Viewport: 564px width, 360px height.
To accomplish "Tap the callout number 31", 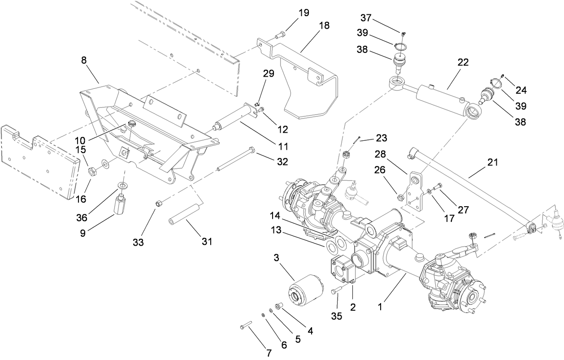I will pos(206,241).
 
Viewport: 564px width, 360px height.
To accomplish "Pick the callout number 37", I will pos(366,17).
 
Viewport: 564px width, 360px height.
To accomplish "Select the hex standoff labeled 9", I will pos(121,204).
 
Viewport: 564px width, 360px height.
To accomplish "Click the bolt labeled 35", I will pos(336,291).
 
